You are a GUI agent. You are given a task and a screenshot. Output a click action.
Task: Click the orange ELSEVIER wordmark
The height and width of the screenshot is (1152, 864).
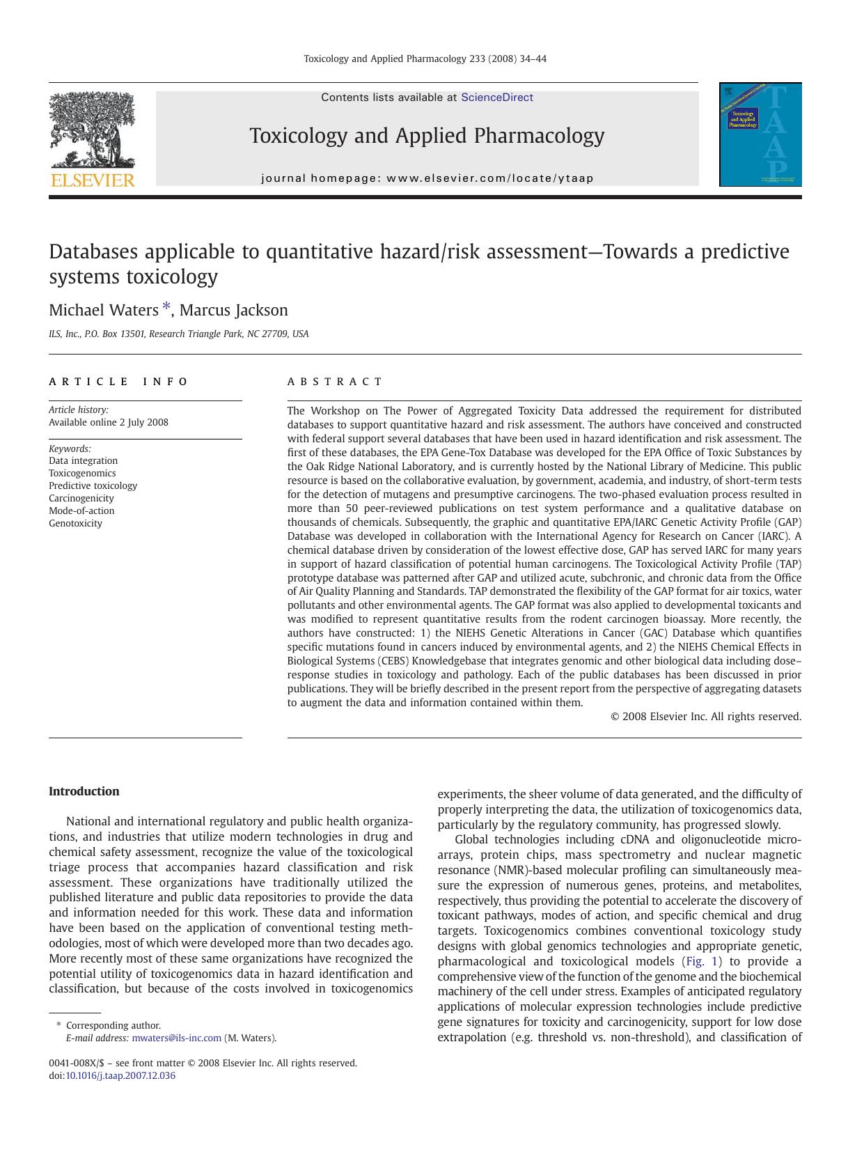pos(93,180)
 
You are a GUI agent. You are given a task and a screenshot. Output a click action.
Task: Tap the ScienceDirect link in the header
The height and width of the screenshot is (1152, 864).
pos(496,98)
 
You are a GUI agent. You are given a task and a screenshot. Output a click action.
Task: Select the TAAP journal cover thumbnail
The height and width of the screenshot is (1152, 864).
pos(760,134)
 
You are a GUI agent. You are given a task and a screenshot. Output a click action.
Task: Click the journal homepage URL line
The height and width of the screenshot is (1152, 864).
pos(427,178)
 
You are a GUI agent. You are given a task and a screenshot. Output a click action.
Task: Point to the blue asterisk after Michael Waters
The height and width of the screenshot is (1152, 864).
pos(166,307)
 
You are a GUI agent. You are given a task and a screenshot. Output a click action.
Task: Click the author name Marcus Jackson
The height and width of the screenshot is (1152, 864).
pos(233,311)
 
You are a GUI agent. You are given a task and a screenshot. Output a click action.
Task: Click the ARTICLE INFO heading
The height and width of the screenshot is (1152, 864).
pos(118,382)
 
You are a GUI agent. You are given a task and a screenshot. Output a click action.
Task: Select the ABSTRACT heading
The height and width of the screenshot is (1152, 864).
pos(334,382)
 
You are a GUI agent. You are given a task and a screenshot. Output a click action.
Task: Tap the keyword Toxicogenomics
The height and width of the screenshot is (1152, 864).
pos(82,473)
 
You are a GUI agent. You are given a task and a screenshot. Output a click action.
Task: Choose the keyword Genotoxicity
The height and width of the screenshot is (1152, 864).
pos(75,523)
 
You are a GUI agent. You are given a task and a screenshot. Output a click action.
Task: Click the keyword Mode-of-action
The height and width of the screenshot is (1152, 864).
pos(81,511)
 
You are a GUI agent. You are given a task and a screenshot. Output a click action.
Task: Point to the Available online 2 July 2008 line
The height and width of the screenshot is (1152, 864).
pos(109,422)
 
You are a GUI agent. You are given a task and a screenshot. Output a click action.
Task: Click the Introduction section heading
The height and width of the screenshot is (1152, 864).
pos(84,791)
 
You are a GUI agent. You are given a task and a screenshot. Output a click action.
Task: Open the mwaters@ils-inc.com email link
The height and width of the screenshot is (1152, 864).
pos(176,1038)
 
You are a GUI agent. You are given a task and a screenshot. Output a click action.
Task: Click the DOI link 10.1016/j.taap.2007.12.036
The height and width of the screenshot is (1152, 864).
pos(120,1075)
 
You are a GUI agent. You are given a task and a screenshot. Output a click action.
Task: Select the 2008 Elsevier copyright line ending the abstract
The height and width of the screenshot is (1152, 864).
pos(705,716)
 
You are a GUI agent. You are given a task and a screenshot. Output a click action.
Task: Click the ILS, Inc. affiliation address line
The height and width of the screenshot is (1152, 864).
pos(178,334)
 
